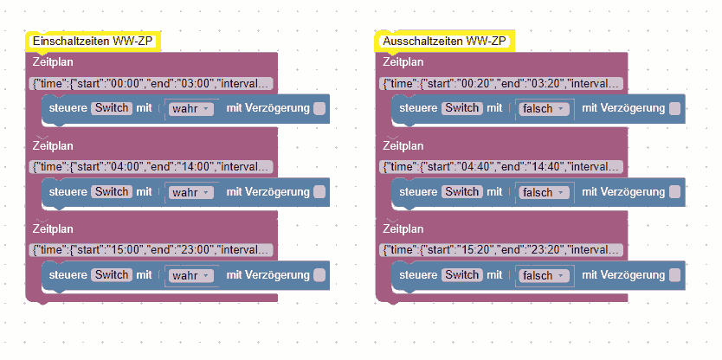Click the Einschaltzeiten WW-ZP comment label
93,41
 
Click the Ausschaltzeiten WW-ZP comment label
443,41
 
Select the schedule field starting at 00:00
152,84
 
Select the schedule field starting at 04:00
152,167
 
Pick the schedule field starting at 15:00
152,250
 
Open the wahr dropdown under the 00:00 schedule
191,109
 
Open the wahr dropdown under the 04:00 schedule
191,192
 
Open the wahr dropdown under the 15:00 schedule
191,275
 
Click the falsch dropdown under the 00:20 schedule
544,109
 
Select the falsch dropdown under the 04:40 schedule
544,192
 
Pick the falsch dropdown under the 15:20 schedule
544,275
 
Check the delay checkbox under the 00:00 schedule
319,108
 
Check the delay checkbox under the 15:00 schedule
319,275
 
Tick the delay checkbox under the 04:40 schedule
675,192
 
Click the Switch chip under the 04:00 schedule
112,192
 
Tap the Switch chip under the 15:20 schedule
461,275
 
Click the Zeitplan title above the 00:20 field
403,62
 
